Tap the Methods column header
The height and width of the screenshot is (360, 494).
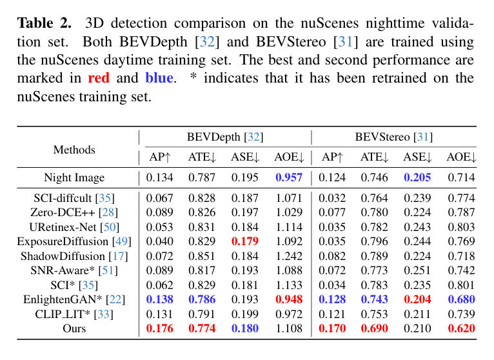(x=74, y=150)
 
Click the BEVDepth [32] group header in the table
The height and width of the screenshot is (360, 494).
(x=225, y=137)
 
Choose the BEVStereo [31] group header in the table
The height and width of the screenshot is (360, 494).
(x=393, y=137)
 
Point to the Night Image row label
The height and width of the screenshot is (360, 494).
(x=74, y=177)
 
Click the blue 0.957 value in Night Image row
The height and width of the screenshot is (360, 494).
(x=289, y=177)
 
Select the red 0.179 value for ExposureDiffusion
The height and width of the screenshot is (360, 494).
(x=244, y=241)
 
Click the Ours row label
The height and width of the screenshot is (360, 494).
(x=74, y=328)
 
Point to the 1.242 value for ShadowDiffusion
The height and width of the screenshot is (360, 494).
(x=289, y=256)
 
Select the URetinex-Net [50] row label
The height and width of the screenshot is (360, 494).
(x=74, y=226)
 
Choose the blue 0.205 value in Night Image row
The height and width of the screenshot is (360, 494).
(x=418, y=177)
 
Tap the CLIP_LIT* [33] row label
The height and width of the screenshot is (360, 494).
(x=74, y=315)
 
